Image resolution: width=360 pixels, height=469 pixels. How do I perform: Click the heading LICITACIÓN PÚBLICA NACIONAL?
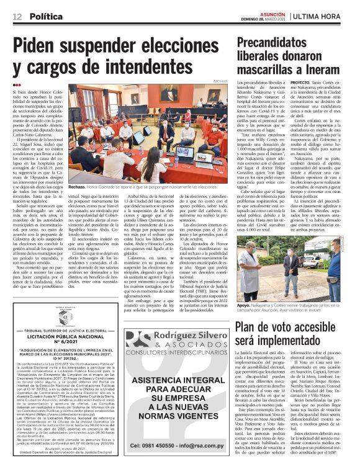point(62,338)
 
